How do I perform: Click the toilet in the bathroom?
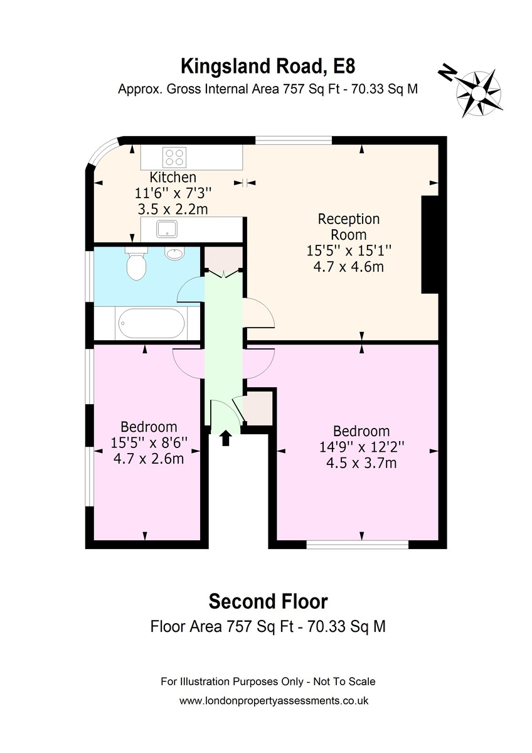(136, 264)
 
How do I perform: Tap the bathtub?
(152, 323)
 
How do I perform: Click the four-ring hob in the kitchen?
(174, 158)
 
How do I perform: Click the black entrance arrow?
(226, 438)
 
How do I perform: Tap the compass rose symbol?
(479, 92)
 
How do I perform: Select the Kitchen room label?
(173, 177)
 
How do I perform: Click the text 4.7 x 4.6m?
(349, 267)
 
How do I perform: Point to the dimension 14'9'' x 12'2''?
(361, 447)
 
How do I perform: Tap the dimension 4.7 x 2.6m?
(149, 459)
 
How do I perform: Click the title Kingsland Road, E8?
(268, 67)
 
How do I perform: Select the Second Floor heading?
(268, 602)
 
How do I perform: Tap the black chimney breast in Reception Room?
(430, 245)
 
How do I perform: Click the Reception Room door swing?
(258, 312)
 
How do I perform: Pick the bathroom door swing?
(191, 291)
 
